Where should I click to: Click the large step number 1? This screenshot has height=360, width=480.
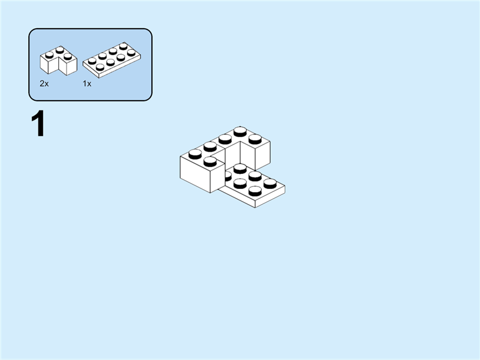(38, 125)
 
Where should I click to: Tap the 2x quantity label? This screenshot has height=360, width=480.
(44, 84)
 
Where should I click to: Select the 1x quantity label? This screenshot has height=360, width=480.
(87, 84)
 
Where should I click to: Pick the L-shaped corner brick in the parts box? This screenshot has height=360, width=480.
(58, 61)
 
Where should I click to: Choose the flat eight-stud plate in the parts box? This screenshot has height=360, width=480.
(112, 60)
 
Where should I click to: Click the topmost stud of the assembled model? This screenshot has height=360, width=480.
(240, 131)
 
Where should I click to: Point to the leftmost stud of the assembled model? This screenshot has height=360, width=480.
(195, 154)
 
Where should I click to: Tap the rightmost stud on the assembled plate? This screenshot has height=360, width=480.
(270, 182)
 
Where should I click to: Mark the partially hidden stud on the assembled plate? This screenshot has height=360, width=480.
(227, 175)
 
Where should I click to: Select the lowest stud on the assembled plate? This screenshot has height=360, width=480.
(255, 191)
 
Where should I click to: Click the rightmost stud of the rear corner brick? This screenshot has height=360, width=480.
(255, 139)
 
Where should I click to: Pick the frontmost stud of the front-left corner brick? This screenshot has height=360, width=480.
(210, 161)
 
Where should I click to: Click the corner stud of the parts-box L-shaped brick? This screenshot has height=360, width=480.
(60, 50)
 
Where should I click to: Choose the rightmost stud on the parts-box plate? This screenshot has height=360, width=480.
(131, 52)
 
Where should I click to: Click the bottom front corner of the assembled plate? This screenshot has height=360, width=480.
(256, 207)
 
